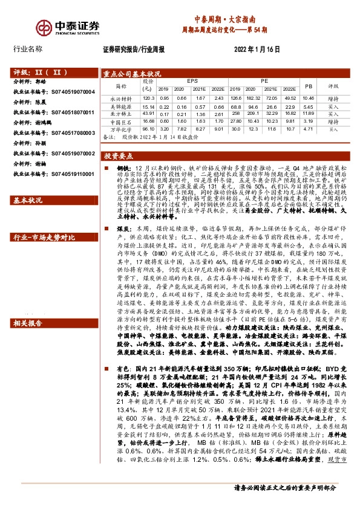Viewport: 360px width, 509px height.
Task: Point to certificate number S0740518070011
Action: pos(71,112)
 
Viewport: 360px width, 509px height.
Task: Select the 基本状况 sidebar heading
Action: pos(28,200)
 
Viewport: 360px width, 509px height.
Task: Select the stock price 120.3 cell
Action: pos(148,98)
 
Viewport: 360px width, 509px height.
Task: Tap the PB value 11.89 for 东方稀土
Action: pos(309,113)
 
